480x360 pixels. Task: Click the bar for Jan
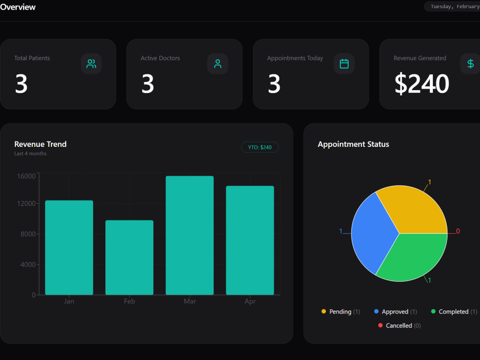coord(69,247)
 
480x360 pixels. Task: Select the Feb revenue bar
coord(129,257)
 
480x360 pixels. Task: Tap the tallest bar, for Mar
coord(190,235)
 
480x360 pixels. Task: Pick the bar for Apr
coord(250,240)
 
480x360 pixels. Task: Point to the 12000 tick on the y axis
coord(26,204)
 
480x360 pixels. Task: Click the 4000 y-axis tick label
coord(28,264)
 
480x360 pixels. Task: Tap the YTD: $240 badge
coord(260,147)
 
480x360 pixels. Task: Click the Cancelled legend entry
coord(399,325)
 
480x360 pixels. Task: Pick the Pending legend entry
coord(341,312)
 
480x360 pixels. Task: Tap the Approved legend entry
coord(396,312)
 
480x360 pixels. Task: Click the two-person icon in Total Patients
coord(91,64)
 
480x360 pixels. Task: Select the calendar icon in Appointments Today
coord(344,64)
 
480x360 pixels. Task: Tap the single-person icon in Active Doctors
coord(217,64)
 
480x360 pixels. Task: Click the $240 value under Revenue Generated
coord(422,84)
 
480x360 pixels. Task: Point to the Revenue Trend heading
coord(40,144)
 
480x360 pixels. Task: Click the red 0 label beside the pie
coord(458,231)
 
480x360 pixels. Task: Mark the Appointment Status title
coord(353,144)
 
